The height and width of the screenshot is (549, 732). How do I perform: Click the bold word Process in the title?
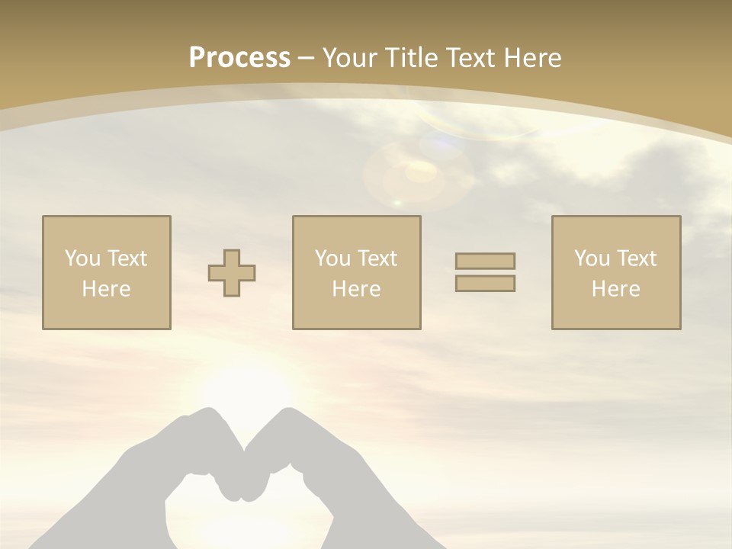239,58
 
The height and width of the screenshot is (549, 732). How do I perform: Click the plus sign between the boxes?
232,273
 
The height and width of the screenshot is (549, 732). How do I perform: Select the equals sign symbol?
485,272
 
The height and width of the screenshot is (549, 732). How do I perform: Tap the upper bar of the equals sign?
485,261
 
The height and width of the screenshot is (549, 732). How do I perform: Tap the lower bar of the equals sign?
485,284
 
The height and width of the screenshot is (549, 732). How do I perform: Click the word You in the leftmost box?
81,258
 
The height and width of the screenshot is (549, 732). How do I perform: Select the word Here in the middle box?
356,289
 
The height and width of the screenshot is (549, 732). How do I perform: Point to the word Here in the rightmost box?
616,289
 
